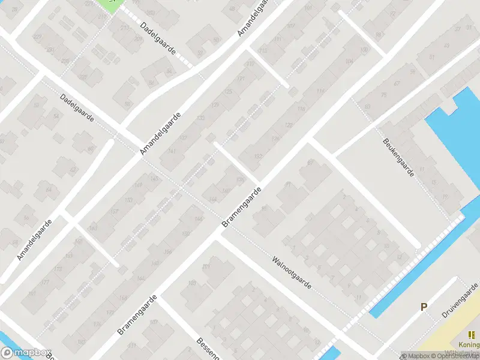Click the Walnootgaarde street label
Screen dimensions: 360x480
tap(292, 272)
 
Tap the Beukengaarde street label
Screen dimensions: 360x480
tap(398, 158)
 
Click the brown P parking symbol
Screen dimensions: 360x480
tap(424, 307)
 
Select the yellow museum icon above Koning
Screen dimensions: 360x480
tap(471, 335)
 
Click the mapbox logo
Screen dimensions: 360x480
tap(26, 353)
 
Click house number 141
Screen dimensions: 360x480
tap(172, 151)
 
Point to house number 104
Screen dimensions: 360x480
tap(349, 61)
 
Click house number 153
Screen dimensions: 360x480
tap(128, 200)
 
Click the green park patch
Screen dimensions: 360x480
tap(110, 4)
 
